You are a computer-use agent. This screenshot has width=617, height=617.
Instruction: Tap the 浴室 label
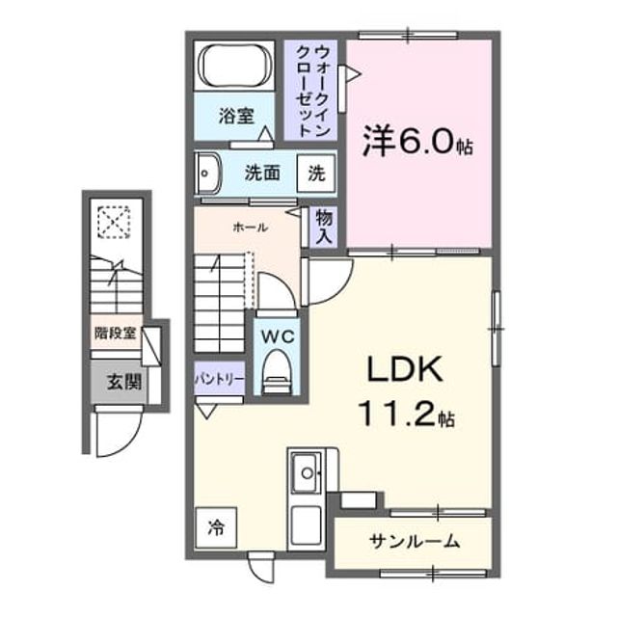236,116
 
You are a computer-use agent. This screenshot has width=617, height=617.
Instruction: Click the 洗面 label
262,173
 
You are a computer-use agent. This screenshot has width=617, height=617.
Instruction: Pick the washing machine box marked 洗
316,174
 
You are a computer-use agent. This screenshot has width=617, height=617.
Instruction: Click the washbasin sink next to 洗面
208,174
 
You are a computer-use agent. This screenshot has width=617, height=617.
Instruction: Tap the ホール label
251,228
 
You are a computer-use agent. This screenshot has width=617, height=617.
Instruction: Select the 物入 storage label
325,227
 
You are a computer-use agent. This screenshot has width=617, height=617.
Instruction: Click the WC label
279,336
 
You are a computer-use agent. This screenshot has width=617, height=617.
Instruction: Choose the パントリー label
220,379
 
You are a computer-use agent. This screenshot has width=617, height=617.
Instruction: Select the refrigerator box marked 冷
216,527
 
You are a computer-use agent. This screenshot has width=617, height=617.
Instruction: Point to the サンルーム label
415,542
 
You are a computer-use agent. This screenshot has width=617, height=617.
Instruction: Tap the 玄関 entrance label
124,382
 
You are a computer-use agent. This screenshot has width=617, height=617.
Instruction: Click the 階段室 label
115,334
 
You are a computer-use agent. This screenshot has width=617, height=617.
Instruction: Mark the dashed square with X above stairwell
114,223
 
